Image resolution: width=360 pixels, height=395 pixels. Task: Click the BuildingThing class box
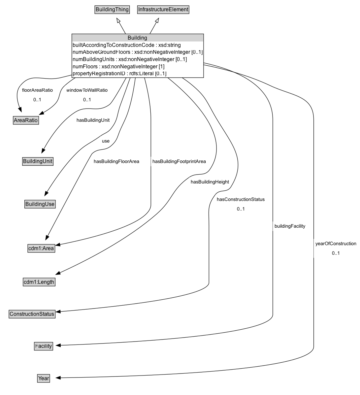coord(112,10)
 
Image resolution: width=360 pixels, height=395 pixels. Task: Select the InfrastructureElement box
coord(163,10)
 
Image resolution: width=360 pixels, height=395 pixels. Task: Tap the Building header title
coord(137,38)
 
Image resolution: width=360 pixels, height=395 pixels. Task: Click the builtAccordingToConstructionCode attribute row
coord(126,45)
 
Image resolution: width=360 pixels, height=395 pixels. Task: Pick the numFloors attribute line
coord(118,67)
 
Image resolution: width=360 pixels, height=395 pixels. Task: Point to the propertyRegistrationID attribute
coord(119,74)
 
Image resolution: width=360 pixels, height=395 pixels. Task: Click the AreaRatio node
coord(26,120)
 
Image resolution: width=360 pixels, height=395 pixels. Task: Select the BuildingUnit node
coord(38,161)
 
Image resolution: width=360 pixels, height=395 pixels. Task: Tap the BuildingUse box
coord(40,204)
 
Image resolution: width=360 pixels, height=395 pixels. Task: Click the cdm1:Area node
coord(41,248)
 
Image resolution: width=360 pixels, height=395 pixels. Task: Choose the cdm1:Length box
coord(39,282)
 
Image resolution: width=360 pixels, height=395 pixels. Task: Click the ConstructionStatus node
coord(32,314)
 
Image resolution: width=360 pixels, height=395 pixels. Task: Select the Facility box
coord(44,346)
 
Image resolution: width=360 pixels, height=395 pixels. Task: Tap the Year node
coord(44,379)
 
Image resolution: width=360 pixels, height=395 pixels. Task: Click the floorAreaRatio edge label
coord(37,90)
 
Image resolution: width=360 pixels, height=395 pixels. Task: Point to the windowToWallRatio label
coord(87,90)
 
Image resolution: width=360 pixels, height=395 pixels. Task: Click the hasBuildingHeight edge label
coord(210,182)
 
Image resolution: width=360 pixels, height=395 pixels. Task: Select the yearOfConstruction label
coord(336,244)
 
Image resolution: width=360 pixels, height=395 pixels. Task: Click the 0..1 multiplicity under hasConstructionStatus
coord(241,209)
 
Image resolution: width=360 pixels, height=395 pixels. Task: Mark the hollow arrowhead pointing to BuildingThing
coord(118,20)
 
